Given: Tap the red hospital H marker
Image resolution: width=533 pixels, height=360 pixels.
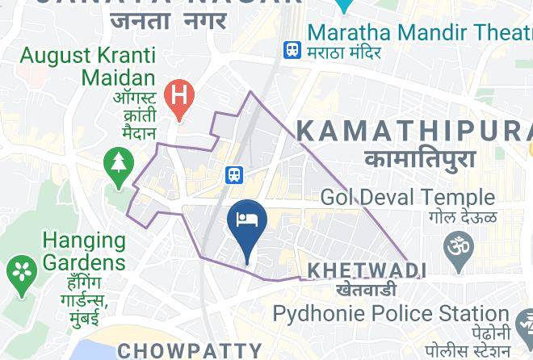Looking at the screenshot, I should coord(178,97).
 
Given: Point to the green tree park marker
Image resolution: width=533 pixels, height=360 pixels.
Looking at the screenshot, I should coord(120,166).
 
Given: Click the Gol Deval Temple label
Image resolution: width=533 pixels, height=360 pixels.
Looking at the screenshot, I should coord(408,197).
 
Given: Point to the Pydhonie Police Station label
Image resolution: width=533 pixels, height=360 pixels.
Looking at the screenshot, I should coord(390,313).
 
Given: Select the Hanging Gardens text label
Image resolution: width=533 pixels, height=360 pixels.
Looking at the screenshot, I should coord(84,251).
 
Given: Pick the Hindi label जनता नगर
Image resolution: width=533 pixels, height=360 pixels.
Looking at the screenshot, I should coord(169,21).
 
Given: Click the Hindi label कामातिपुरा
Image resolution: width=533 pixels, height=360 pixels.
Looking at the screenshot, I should coord(420,159).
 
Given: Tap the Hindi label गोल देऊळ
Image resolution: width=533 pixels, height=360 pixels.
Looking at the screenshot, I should coord(463,216).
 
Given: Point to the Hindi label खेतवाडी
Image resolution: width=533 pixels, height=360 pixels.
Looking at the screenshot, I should coord(367,289).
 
